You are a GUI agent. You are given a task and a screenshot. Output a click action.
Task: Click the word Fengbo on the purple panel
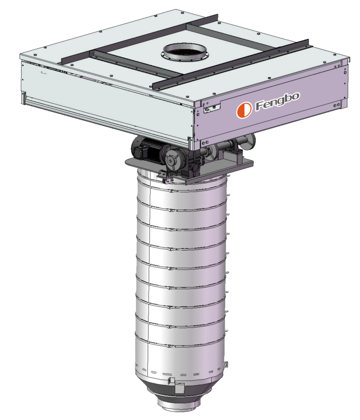click(277, 101)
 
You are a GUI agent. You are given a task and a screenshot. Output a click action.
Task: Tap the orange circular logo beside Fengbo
click(244, 109)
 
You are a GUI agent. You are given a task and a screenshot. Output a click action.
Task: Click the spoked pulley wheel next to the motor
click(172, 160)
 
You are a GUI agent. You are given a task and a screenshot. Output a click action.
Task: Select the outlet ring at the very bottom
click(179, 405)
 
